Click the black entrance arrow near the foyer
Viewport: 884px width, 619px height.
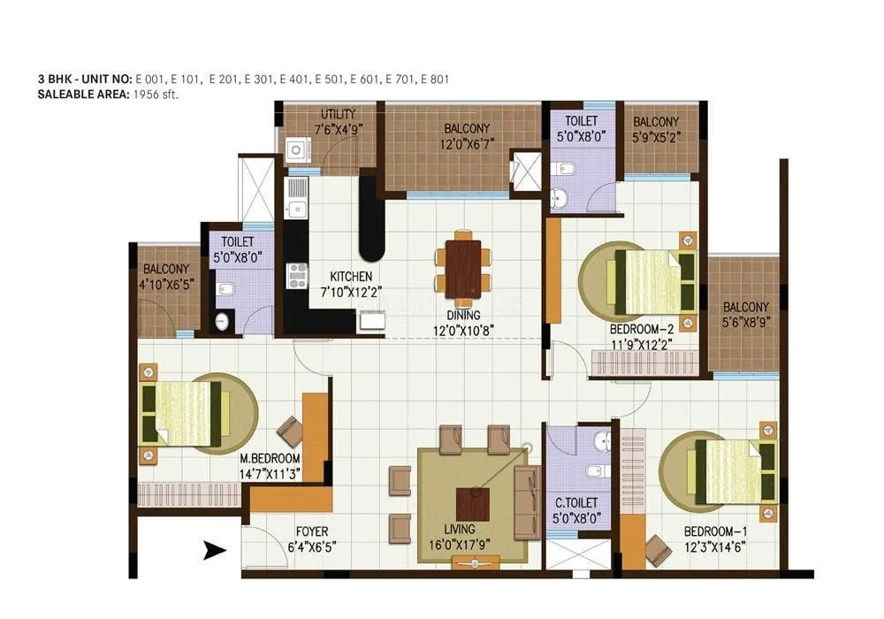(212, 550)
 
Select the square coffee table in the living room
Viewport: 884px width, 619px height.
(473, 505)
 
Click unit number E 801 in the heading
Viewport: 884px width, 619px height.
(435, 80)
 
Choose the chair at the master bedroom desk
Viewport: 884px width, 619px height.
(290, 429)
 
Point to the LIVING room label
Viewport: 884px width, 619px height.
(473, 531)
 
